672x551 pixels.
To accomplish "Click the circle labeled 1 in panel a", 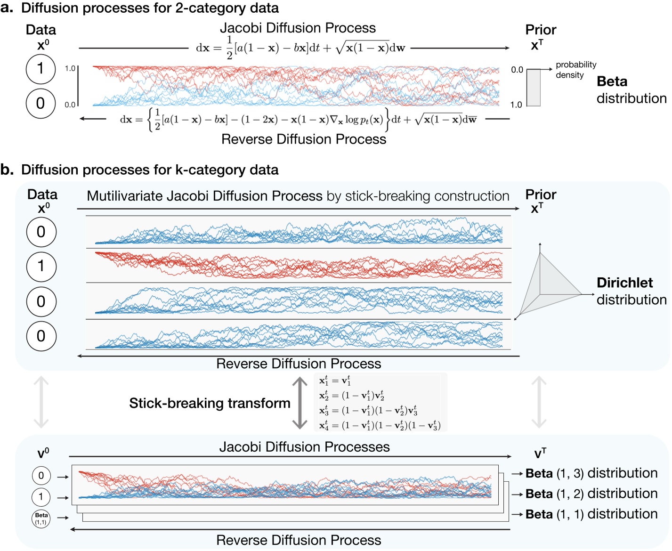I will point(40,69).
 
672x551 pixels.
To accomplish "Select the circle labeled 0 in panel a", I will point(40,103).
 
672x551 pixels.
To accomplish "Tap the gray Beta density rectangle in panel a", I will point(533,88).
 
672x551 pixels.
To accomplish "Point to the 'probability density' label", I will point(575,70).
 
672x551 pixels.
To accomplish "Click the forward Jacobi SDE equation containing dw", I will point(300,48).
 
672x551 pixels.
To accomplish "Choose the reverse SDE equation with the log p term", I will point(298,120).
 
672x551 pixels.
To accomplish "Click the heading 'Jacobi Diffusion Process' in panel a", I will point(298,28).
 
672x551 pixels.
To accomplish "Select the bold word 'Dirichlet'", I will point(624,283).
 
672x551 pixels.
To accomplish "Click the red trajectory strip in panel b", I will point(298,265).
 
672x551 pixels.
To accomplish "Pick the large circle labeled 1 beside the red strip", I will point(41,266).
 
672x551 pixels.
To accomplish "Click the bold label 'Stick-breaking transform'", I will point(210,403).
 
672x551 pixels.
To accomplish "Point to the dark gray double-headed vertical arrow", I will point(300,403).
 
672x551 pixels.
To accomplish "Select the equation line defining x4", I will point(380,426).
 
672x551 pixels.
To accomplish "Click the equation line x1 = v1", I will point(335,381).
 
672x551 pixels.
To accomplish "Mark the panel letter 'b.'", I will point(7,170).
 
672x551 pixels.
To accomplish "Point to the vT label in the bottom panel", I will point(540,454).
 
